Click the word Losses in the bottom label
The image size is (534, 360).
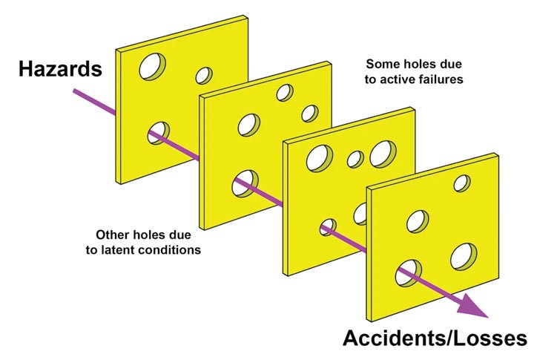click(494, 338)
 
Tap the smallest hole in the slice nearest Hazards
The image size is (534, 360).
click(202, 76)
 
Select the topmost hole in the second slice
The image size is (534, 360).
click(284, 92)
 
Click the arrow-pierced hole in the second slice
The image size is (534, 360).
click(244, 183)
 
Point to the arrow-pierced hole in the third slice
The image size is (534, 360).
click(328, 227)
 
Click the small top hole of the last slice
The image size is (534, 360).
click(462, 183)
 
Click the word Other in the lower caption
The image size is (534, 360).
click(113, 234)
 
